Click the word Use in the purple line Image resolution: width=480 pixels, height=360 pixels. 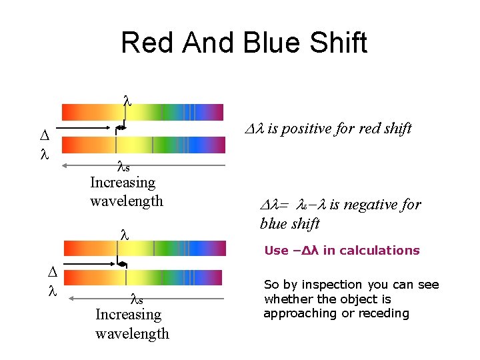[x=276, y=251]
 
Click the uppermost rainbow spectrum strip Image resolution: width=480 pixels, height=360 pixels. [x=143, y=111]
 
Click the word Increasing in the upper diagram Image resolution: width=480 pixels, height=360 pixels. [x=123, y=182]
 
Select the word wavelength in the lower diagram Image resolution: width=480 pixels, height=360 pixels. [x=132, y=333]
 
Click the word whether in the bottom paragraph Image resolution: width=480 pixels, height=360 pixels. [x=287, y=299]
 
